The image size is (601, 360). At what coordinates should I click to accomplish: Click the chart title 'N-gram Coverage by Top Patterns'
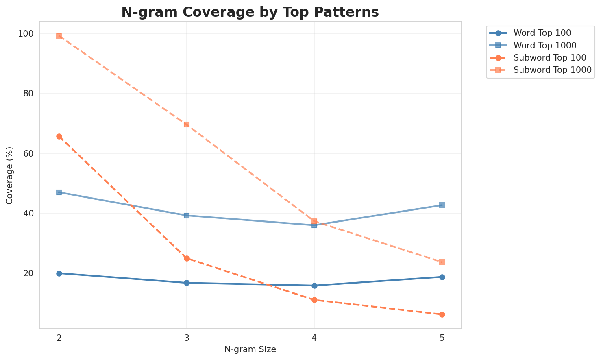click(x=250, y=12)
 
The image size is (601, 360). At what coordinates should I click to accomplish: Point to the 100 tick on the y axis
click(x=27, y=33)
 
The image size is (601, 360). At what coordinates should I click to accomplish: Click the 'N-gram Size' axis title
click(x=250, y=349)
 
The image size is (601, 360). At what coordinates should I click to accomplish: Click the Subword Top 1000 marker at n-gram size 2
click(x=59, y=36)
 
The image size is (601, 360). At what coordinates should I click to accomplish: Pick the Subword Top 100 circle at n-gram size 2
click(x=59, y=137)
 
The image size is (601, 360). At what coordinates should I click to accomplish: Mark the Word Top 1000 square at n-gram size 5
click(x=442, y=205)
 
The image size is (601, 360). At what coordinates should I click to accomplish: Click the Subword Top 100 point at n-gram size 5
click(x=442, y=314)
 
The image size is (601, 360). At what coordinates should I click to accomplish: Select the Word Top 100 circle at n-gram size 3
click(x=187, y=283)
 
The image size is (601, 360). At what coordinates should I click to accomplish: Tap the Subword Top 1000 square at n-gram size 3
click(x=187, y=124)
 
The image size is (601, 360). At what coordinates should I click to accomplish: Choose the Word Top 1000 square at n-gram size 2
click(x=59, y=192)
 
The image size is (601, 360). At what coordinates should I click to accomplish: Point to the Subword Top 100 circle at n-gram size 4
click(x=314, y=300)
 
